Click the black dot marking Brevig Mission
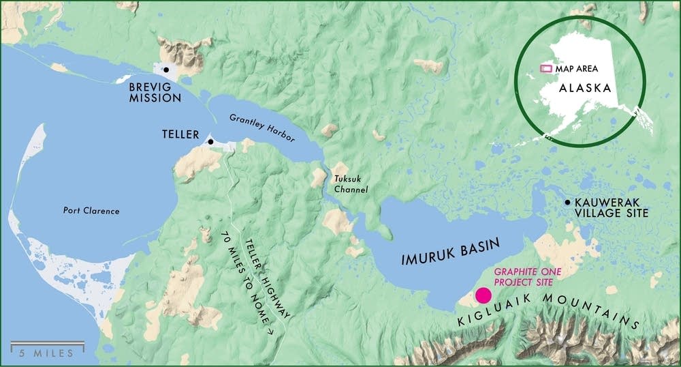pos(165,70)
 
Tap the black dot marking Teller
pos(210,142)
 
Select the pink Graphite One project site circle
pos(484,295)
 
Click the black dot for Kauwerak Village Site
pos(567,203)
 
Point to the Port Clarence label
pos(91,211)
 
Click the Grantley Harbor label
pos(262,128)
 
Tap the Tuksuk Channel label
pos(351,184)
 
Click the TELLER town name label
pos(179,134)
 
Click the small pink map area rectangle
pos(545,68)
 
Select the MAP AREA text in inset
pos(577,68)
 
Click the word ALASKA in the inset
pos(584,89)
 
